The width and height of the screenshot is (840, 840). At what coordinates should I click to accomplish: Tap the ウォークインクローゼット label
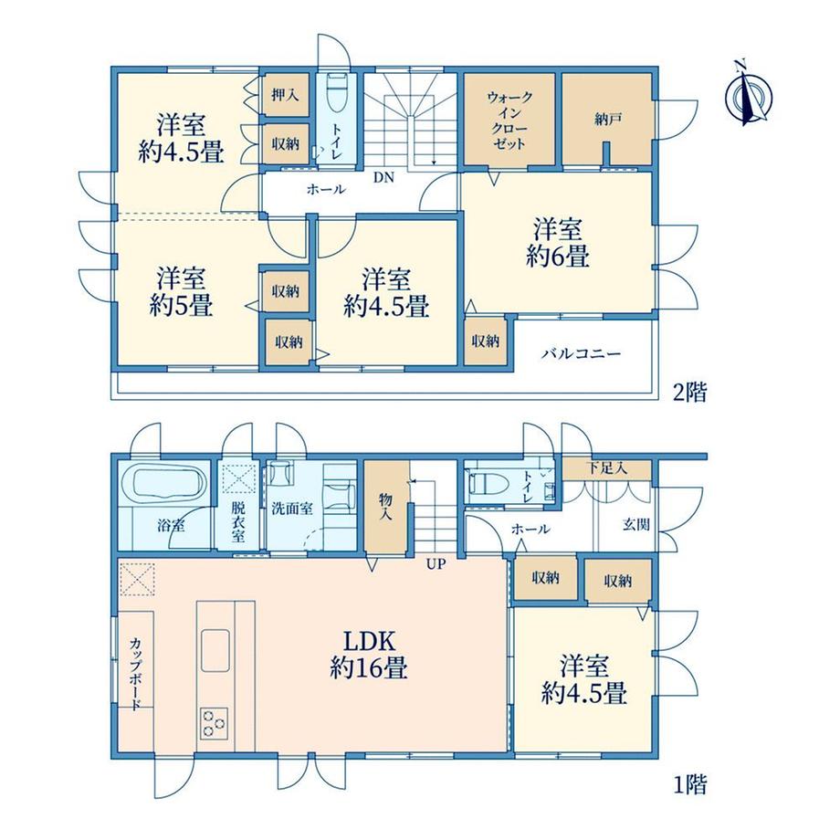click(x=509, y=121)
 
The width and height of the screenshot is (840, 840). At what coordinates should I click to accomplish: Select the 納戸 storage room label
click(x=607, y=119)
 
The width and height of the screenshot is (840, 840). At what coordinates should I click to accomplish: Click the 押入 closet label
click(x=285, y=95)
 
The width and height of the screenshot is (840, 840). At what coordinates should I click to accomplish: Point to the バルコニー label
click(x=582, y=353)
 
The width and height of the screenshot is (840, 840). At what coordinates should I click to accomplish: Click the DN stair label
click(x=383, y=177)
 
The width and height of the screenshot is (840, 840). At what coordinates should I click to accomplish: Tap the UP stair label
click(x=436, y=563)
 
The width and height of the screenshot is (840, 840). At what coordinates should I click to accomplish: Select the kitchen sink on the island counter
click(x=215, y=650)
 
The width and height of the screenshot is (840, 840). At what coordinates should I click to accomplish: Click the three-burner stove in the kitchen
click(x=215, y=723)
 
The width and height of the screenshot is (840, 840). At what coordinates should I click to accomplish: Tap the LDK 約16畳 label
click(x=369, y=654)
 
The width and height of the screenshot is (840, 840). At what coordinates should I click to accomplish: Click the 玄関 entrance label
click(x=636, y=524)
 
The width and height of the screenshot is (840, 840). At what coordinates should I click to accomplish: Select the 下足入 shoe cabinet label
click(x=606, y=467)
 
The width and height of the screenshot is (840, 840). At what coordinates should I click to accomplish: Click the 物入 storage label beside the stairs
click(x=385, y=506)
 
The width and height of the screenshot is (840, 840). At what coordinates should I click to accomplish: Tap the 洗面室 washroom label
click(x=292, y=508)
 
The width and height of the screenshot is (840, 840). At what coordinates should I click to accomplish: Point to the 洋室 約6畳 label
click(x=558, y=243)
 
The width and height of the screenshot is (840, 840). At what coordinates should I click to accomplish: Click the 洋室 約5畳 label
click(x=181, y=291)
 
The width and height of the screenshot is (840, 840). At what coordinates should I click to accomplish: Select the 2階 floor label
click(x=689, y=393)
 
